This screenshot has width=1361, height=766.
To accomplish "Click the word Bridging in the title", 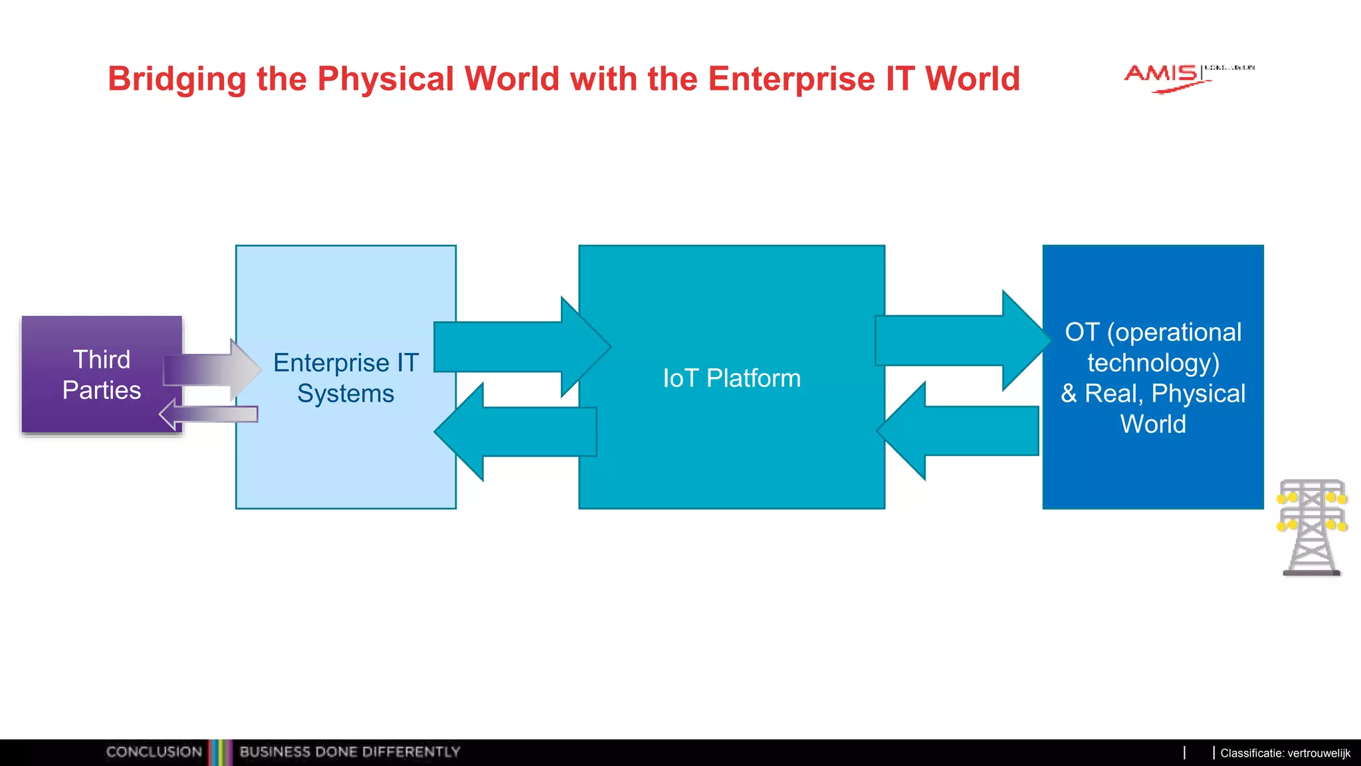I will tap(177, 80).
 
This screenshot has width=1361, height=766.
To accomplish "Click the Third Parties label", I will tap(102, 374).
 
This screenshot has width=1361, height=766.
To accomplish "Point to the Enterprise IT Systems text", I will tap(346, 378).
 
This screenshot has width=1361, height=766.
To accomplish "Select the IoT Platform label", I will tap(732, 378).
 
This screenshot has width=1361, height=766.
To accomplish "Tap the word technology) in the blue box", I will tap(1153, 363).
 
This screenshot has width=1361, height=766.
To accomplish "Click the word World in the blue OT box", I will tap(1153, 424).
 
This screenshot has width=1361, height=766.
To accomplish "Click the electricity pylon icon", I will tap(1312, 527).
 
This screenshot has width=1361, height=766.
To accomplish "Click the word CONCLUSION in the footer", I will tap(154, 752).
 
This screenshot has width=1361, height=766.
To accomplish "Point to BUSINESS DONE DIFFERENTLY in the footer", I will tap(350, 752).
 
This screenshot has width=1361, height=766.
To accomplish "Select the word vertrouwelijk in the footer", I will tap(1318, 753).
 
